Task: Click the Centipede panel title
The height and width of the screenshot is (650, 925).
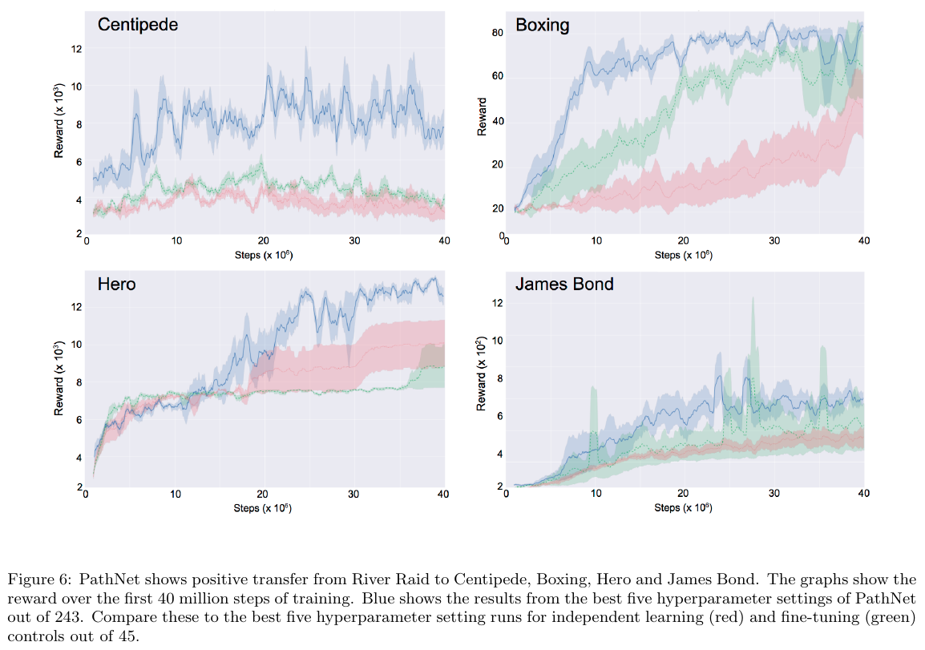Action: tap(137, 25)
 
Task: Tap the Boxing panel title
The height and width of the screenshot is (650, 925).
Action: tap(542, 25)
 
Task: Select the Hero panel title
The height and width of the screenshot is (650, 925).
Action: tap(116, 284)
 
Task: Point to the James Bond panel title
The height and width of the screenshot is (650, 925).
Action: tap(564, 284)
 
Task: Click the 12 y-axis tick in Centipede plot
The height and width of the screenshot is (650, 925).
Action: tap(77, 49)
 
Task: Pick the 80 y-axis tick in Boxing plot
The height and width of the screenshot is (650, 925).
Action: tap(497, 33)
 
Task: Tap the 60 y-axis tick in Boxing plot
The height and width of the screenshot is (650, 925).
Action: tap(497, 77)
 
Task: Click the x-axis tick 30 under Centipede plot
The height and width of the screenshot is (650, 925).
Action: tap(355, 240)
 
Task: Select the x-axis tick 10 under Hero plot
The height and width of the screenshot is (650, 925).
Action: tap(176, 495)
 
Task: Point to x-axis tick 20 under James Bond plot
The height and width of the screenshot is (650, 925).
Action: tap(684, 495)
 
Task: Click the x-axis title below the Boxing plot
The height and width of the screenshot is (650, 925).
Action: tap(684, 255)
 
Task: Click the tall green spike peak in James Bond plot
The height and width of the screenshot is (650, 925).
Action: tap(753, 299)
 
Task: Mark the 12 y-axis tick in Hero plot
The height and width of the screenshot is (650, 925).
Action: tap(77, 307)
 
